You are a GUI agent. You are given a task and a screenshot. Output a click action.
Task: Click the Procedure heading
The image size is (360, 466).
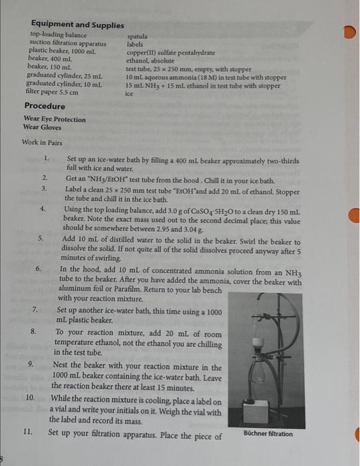point(45,106)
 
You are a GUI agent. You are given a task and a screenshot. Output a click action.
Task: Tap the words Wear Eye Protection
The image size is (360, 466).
point(55,119)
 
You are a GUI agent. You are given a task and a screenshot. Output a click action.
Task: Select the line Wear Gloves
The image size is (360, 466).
point(42,127)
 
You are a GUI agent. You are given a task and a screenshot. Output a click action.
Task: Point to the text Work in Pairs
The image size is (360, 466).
point(42,142)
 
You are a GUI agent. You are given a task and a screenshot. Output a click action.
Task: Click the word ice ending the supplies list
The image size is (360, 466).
point(129,95)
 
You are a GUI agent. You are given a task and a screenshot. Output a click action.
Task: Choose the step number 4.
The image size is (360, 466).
point(42,209)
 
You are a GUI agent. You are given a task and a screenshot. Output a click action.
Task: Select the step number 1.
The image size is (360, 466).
point(47,158)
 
